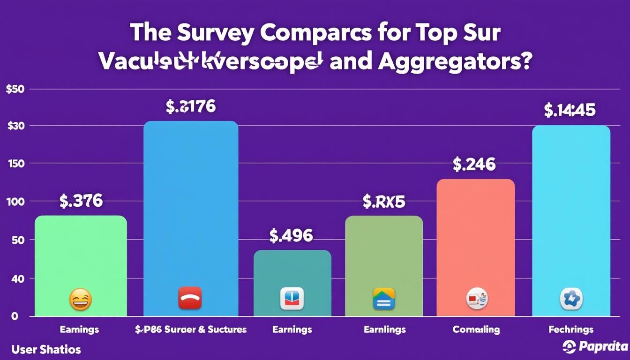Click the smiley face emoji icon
tap(80, 299)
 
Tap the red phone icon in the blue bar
tap(190, 298)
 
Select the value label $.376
tap(81, 201)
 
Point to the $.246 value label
tap(474, 164)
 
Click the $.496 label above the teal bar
tap(291, 235)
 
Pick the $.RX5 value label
tap(383, 202)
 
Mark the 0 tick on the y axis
tap(15, 316)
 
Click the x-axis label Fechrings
tap(571, 330)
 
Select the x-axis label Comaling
tap(476, 330)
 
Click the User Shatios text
tap(46, 349)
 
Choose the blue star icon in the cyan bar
tap(570, 299)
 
